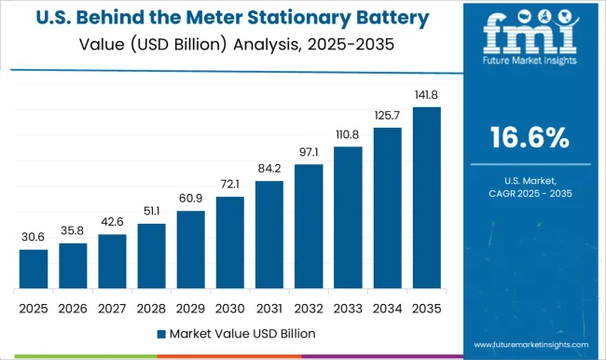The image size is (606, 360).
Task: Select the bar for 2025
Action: point(33,269)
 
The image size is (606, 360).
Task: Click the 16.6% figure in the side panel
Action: point(530,140)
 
